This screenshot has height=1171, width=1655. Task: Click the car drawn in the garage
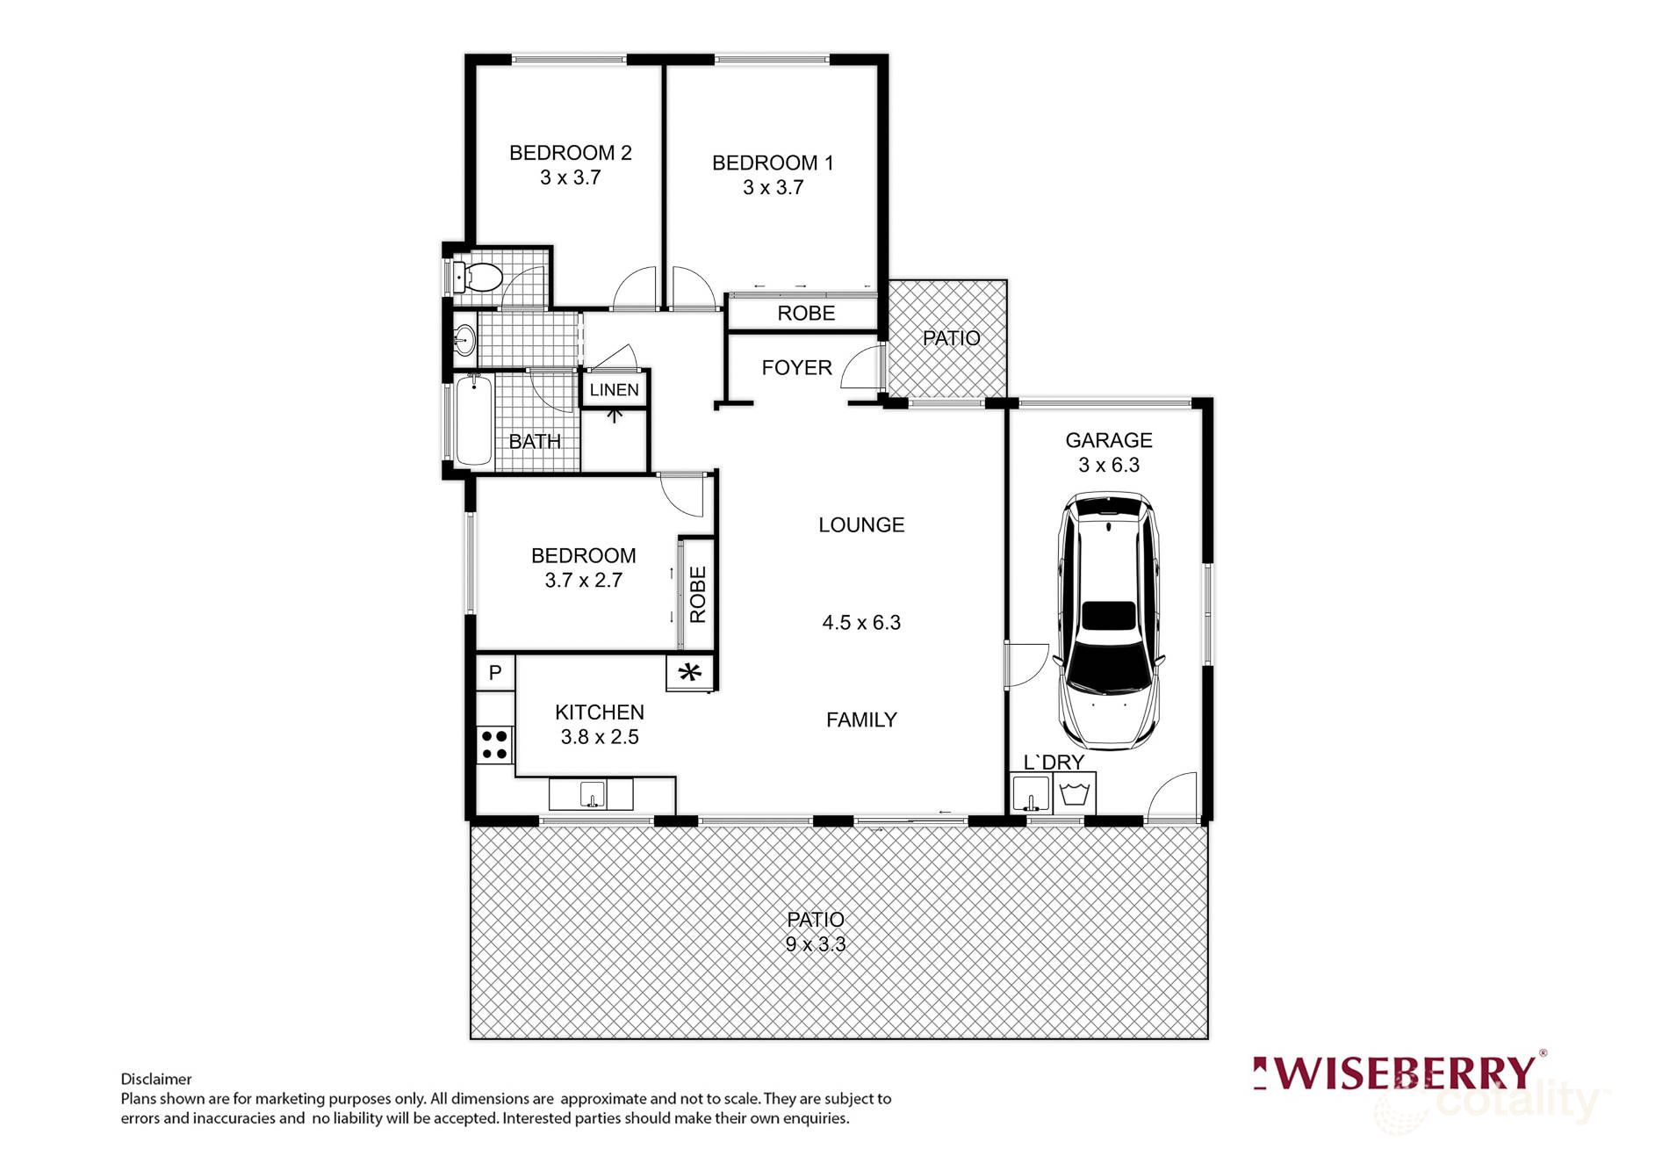(x=1109, y=619)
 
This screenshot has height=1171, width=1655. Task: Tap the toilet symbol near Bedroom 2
(x=476, y=278)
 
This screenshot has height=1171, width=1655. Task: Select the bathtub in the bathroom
(x=473, y=421)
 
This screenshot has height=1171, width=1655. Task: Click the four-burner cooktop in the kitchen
(x=495, y=744)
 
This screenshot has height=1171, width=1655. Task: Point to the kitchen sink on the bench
(x=592, y=794)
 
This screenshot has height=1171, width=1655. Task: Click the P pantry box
(x=495, y=672)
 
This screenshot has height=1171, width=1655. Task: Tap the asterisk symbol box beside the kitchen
(x=690, y=674)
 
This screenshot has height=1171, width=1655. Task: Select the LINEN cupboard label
(x=614, y=390)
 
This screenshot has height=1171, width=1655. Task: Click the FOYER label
(x=796, y=367)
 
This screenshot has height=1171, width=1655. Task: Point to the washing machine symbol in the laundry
(x=1076, y=794)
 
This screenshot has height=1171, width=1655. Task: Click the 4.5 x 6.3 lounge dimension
(x=860, y=623)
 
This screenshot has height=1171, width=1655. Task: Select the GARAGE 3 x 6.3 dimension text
(x=1108, y=465)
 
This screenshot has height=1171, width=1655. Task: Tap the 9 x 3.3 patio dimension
(x=815, y=944)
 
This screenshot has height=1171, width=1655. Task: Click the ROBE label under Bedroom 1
(x=805, y=314)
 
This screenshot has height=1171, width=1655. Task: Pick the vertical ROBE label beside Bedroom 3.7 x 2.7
(x=698, y=595)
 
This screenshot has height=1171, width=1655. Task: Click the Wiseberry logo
(x=1399, y=1073)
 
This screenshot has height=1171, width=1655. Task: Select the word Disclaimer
(x=156, y=1079)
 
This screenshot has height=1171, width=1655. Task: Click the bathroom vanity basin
(x=464, y=338)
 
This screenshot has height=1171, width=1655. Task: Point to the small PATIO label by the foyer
(x=951, y=338)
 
